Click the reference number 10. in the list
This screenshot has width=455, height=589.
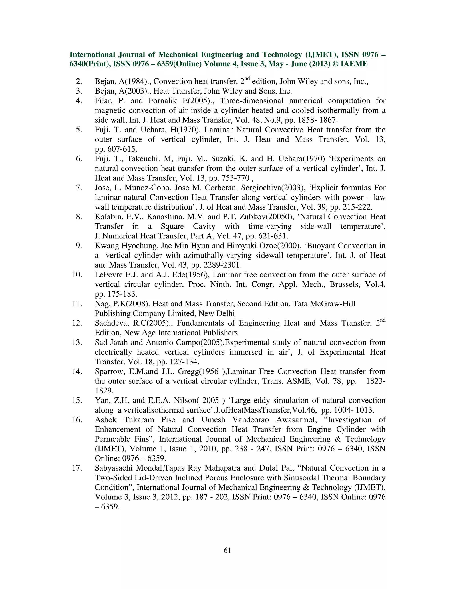point(77,275)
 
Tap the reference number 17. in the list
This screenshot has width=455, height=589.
point(77,468)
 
